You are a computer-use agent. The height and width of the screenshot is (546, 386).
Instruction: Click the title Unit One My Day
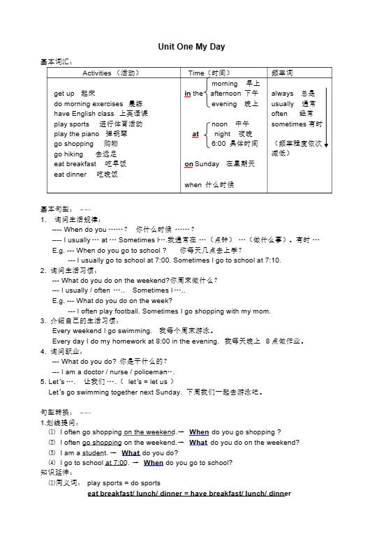(x=192, y=47)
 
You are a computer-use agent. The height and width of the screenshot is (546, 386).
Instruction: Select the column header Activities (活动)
(x=111, y=73)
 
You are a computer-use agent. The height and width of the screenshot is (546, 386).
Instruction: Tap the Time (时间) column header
(x=209, y=73)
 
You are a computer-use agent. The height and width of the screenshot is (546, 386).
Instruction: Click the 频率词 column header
(x=281, y=73)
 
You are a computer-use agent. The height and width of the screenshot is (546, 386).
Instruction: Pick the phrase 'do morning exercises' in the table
(x=88, y=103)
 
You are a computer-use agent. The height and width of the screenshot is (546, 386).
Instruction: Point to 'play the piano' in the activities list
(x=76, y=133)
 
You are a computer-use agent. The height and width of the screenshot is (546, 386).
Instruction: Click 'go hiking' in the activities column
(x=68, y=154)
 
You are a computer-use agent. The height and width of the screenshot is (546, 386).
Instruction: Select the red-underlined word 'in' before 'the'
(x=188, y=93)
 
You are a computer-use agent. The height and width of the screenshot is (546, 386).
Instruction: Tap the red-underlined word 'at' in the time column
(x=195, y=133)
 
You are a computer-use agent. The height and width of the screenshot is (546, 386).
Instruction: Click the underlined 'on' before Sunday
(x=188, y=163)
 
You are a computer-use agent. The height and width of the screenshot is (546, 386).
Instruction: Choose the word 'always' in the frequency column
(x=283, y=93)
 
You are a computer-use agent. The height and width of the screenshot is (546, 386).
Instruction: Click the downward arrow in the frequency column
(x=326, y=119)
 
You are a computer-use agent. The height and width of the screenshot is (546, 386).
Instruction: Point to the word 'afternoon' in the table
(x=225, y=93)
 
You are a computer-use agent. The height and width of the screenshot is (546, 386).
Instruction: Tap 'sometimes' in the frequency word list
(x=288, y=124)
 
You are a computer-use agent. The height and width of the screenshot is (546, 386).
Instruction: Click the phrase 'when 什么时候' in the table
(x=209, y=184)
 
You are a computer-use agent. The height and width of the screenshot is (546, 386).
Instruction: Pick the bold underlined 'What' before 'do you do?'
(x=131, y=452)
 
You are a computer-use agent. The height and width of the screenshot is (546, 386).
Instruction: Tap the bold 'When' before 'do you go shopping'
(x=199, y=432)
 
